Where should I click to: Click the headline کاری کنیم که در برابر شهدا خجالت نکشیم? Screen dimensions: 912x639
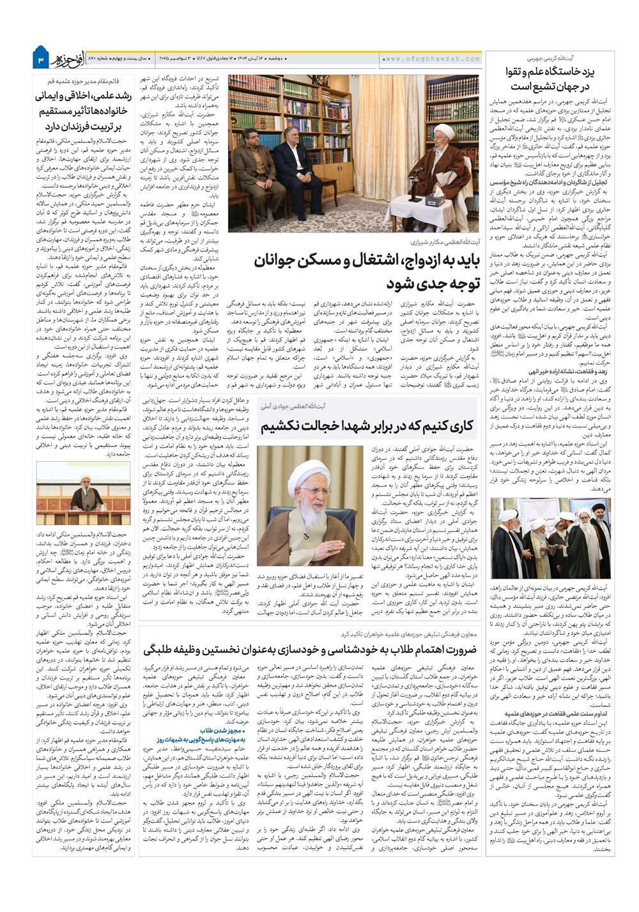pos(367,425)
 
